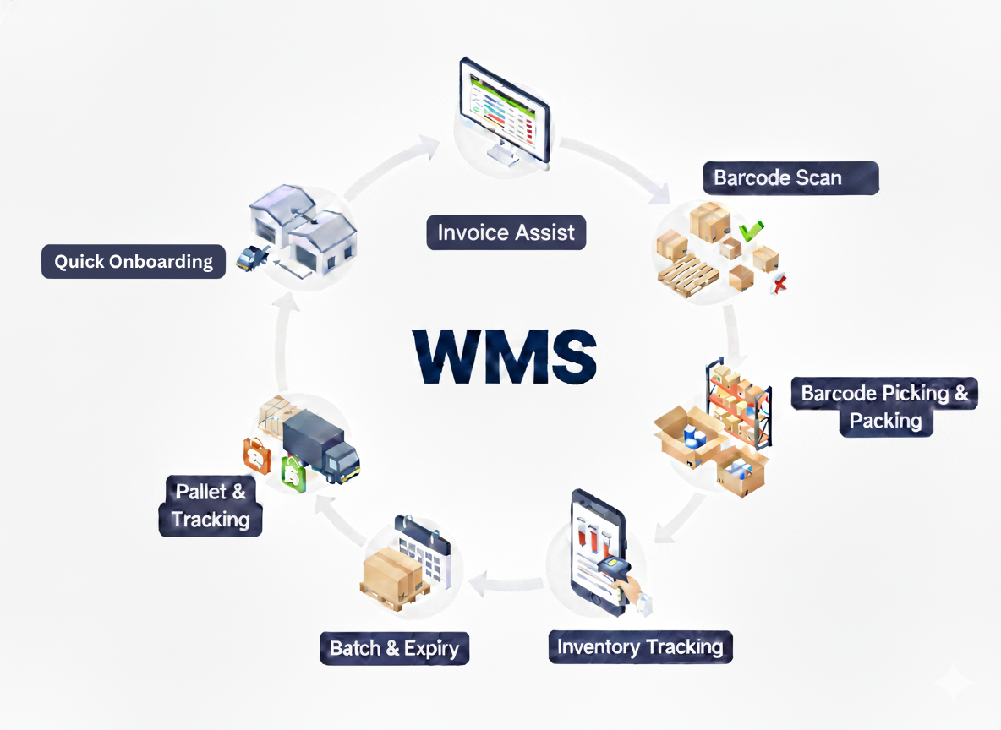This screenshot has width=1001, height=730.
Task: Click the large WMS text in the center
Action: pyautogui.click(x=505, y=354)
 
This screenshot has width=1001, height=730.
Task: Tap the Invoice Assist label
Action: pyautogui.click(x=506, y=232)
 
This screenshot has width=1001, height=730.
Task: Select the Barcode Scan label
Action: pyautogui.click(x=778, y=177)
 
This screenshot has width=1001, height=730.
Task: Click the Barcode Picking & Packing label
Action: pyautogui.click(x=884, y=406)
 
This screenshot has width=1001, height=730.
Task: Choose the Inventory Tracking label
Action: pyautogui.click(x=640, y=647)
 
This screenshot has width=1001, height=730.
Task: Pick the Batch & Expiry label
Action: pyautogui.click(x=394, y=648)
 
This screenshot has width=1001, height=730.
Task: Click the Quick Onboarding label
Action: pyautogui.click(x=134, y=261)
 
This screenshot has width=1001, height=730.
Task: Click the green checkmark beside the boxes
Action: pyautogui.click(x=750, y=228)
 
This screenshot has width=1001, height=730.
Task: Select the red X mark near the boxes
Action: pyautogui.click(x=779, y=285)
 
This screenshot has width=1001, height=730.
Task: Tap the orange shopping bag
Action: pyautogui.click(x=257, y=455)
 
